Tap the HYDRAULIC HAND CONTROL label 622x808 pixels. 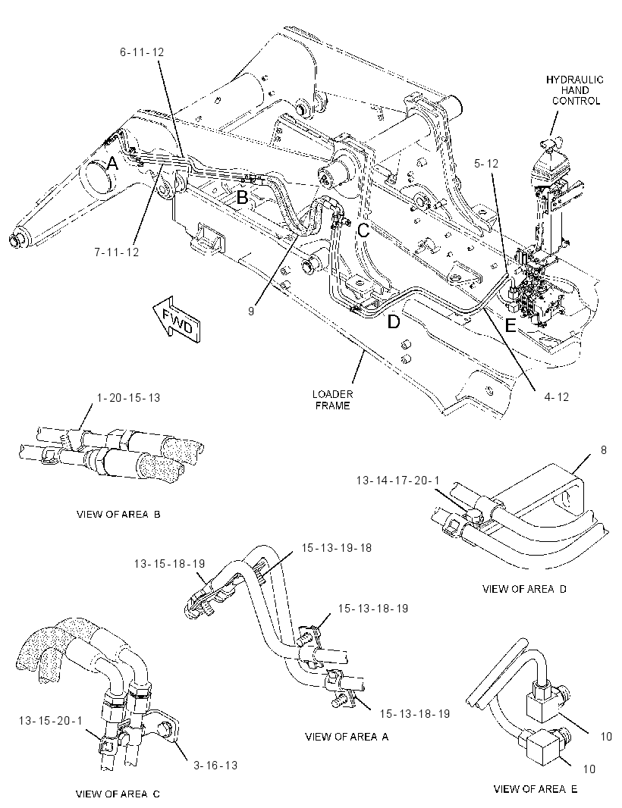point(575,90)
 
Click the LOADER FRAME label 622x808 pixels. point(333,400)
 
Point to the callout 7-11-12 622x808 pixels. point(117,252)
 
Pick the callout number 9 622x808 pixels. point(251,312)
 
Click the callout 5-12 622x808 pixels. point(486,164)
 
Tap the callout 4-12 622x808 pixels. point(557,396)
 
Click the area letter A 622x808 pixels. point(112,164)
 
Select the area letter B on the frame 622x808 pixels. point(242,196)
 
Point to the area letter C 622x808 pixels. point(364,230)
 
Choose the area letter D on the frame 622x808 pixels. point(394,322)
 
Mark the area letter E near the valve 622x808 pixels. point(510,326)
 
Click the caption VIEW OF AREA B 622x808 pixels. point(118,514)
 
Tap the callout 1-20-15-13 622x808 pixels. point(128,398)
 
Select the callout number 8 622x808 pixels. point(604,450)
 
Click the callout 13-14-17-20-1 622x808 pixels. point(397,481)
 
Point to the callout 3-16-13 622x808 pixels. point(215,766)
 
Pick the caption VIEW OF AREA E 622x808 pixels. point(536,789)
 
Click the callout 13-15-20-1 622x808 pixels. point(51,720)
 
